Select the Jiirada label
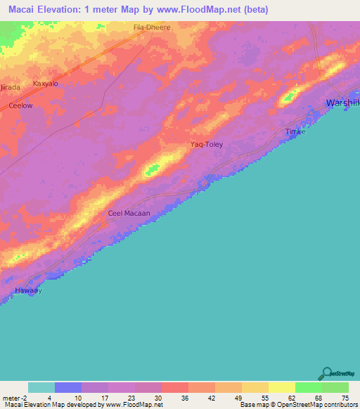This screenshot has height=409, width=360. pyautogui.click(x=10, y=86)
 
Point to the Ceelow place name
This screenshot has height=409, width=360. pyautogui.click(x=20, y=105)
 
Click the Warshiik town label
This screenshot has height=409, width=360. pyautogui.click(x=343, y=104)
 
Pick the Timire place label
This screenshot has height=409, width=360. pyautogui.click(x=295, y=132)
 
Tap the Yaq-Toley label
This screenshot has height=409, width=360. pyautogui.click(x=207, y=145)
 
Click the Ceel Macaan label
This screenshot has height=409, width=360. pyautogui.click(x=129, y=213)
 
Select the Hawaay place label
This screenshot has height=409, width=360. pyautogui.click(x=30, y=290)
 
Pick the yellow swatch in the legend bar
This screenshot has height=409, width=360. pyautogui.click(x=281, y=387)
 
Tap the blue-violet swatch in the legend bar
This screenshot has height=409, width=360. pyautogui.click(x=68, y=387)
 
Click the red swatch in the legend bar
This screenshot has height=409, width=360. pyautogui.click(x=174, y=387)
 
